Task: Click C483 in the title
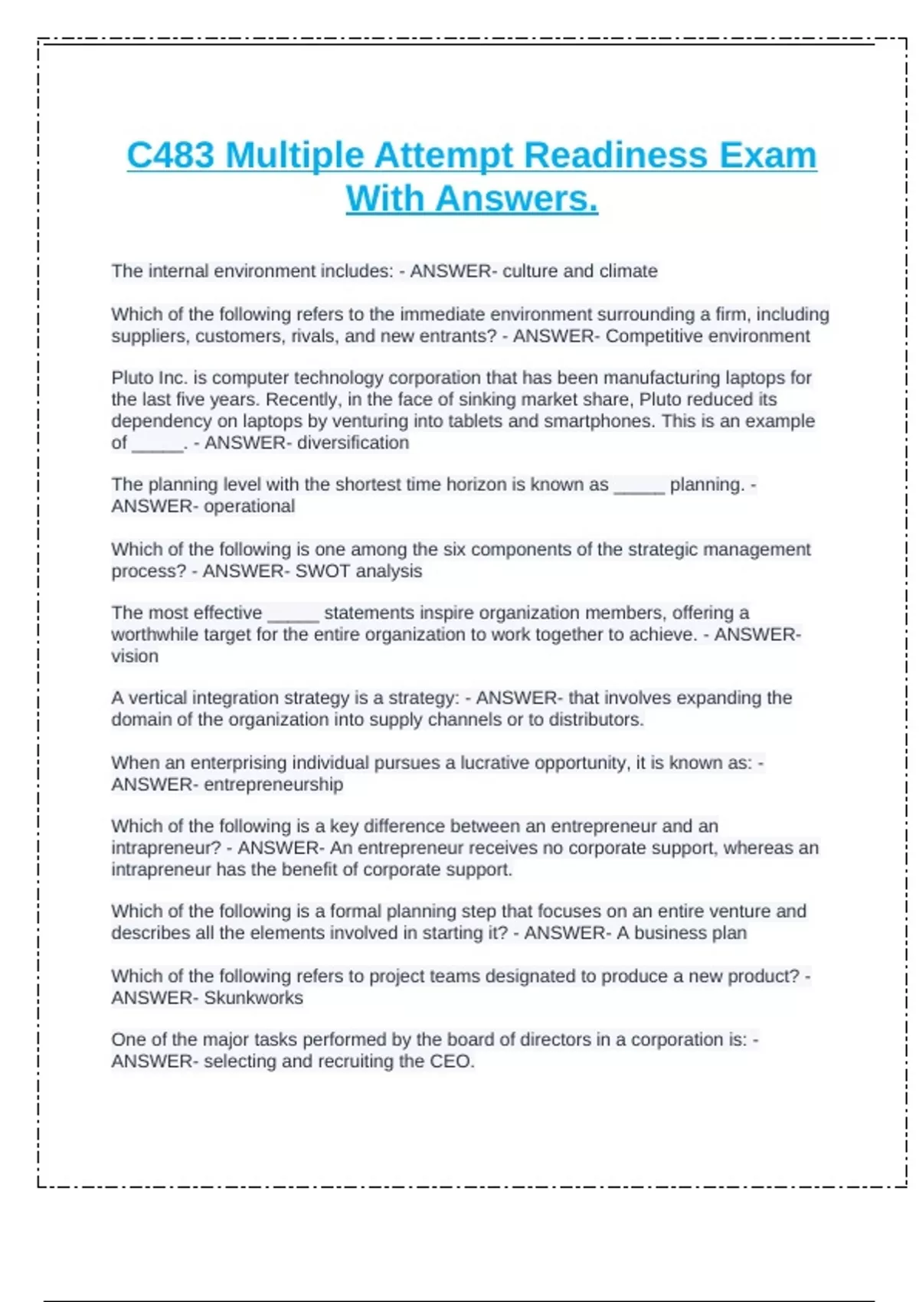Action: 170,155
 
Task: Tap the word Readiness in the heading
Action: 617,155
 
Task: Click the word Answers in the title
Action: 516,199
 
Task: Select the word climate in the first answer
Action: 629,271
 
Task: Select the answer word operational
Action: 249,506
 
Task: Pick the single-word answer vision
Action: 135,656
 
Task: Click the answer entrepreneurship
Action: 273,784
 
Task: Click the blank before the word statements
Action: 293,614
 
